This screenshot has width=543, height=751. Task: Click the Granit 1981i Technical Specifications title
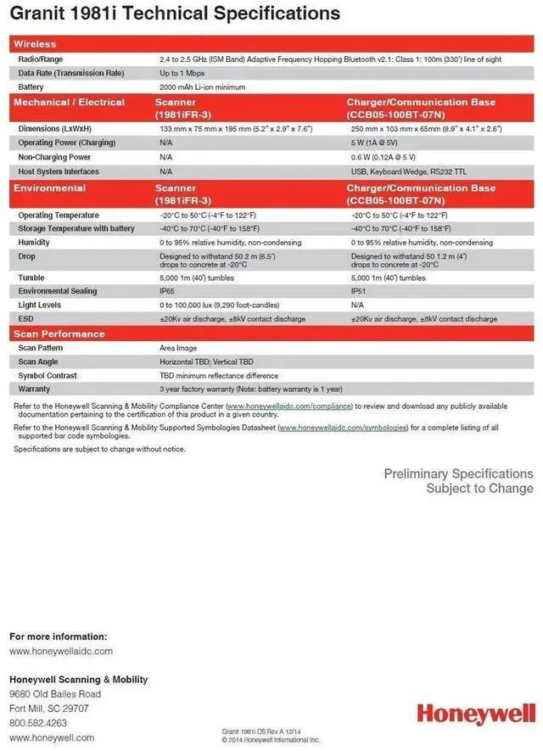[x=175, y=14]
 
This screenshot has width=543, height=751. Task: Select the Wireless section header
[x=36, y=44]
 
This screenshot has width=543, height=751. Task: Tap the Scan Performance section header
[x=59, y=333]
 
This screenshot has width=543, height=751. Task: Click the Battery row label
[x=31, y=87]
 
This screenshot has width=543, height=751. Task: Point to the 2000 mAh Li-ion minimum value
[x=201, y=87]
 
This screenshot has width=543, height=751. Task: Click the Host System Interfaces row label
[x=59, y=171]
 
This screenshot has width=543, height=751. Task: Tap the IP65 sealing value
[x=168, y=291]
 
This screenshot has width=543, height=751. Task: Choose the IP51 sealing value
[x=358, y=291]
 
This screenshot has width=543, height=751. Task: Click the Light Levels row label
[x=41, y=305]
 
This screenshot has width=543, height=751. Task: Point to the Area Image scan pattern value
[x=178, y=348]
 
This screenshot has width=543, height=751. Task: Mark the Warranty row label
[x=34, y=389]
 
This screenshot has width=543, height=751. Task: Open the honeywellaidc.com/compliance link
[x=289, y=406]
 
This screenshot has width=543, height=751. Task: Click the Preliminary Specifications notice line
[x=458, y=474]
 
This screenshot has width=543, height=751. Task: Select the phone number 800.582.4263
[x=38, y=723]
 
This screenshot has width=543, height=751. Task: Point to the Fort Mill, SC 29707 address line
[x=49, y=709]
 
